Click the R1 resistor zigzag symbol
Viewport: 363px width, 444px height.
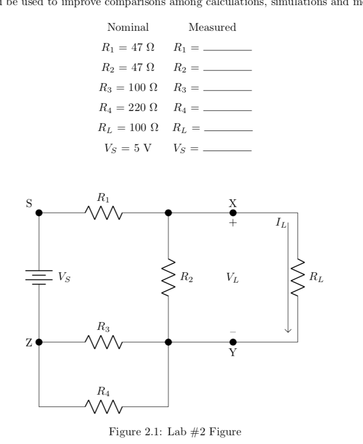(103, 212)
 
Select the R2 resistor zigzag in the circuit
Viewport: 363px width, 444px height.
(169, 277)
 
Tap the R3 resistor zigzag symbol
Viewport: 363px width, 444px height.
(103, 342)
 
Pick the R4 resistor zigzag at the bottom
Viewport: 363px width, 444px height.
(103, 406)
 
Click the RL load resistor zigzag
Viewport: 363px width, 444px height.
(298, 277)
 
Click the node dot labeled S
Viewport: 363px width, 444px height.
(39, 212)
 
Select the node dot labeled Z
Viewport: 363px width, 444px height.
(39, 342)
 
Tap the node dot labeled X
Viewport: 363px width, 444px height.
(233, 212)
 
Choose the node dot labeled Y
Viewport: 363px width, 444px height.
(233, 342)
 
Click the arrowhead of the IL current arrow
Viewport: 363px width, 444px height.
(288, 330)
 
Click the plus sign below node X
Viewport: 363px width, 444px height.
(233, 224)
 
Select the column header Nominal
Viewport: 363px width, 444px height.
(128, 28)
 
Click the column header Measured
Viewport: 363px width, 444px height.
(212, 28)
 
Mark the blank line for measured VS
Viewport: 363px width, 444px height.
(228, 151)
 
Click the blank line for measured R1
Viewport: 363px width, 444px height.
(228, 50)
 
